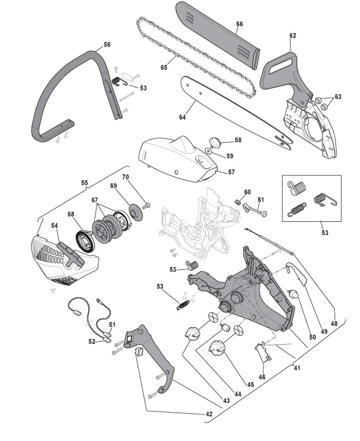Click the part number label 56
pos(106,44)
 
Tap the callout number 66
pos(239,24)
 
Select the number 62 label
pos(293,35)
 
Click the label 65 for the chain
pos(164,68)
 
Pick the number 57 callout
pos(231,172)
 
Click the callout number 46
pos(262,376)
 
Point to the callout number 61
pos(261,200)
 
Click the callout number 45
pos(250,384)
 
